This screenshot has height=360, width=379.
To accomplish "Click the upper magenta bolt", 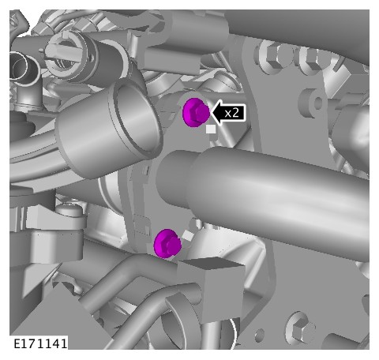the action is pos(196,112).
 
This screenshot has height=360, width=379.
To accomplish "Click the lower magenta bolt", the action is pos(167,243).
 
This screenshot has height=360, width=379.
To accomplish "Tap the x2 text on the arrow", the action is pos(232,113).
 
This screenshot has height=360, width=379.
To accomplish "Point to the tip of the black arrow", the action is pos(211,113).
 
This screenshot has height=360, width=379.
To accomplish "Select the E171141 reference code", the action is pos(40,343).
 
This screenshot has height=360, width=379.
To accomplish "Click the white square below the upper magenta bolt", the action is pos(211,129).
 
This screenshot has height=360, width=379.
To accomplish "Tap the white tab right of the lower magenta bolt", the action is pos(187,235).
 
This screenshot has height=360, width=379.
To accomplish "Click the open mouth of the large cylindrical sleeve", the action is pos(135,120).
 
